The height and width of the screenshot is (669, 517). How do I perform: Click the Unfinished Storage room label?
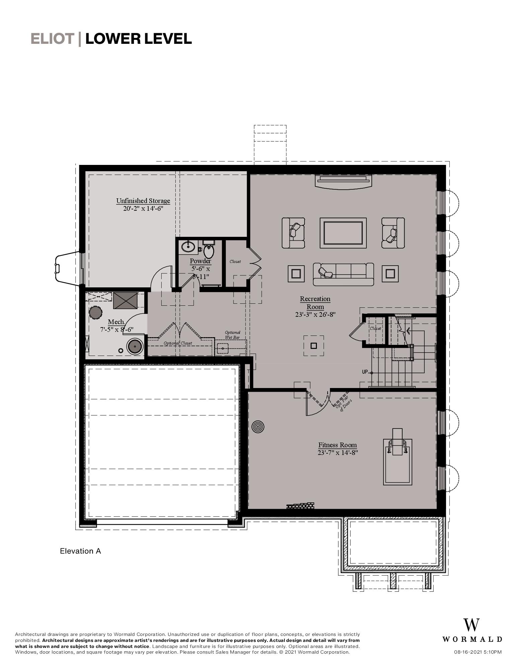coord(143,201)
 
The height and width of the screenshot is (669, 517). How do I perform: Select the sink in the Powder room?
coord(188,247)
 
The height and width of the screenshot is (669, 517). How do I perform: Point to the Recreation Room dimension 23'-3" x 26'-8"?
coord(315,314)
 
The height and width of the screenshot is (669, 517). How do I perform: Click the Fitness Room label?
coord(337,445)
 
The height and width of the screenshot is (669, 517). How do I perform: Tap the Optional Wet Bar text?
coord(232,335)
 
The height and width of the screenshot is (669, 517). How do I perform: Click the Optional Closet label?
coord(178,343)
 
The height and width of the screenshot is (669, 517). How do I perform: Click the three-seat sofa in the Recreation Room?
coord(343,274)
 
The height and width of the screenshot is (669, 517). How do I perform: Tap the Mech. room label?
coord(116,322)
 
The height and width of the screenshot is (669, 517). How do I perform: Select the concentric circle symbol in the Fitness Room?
coord(258,427)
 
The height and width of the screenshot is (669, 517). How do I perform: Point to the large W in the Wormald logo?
coord(471,625)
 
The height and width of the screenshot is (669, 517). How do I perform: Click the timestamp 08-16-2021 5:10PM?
coord(478,652)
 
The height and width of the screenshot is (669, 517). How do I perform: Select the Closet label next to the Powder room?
coord(235,262)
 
